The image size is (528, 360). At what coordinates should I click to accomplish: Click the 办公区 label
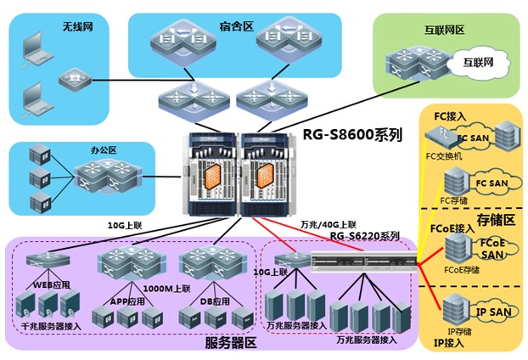click(x=103, y=150)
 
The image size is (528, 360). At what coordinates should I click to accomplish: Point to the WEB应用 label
click(x=52, y=284)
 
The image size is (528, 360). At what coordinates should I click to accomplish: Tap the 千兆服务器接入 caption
click(x=51, y=326)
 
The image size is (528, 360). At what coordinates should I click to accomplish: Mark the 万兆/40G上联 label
click(x=329, y=224)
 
